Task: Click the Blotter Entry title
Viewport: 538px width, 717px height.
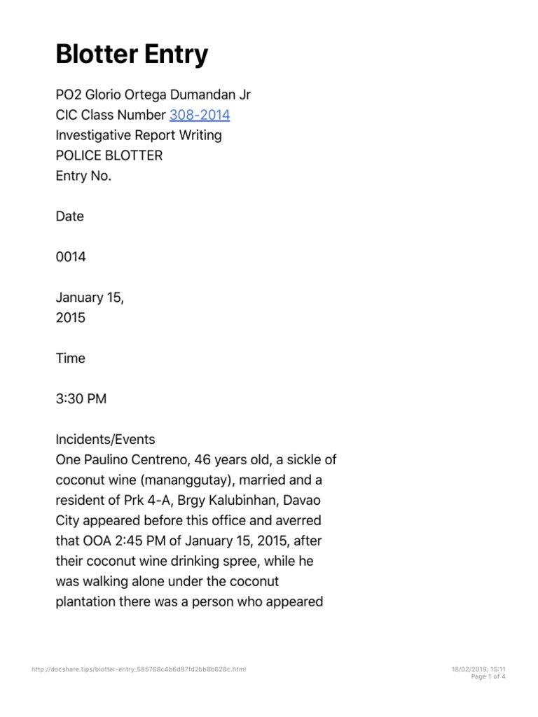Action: pyautogui.click(x=132, y=54)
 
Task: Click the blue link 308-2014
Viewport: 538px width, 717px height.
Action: pyautogui.click(x=200, y=115)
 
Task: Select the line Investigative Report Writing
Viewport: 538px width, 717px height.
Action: pyautogui.click(x=139, y=135)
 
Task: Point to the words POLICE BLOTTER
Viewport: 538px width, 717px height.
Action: pyautogui.click(x=109, y=155)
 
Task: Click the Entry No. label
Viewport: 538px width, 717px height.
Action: pyautogui.click(x=83, y=176)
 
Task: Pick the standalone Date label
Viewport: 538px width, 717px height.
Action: pyautogui.click(x=69, y=216)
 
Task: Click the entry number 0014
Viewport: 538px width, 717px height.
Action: pyautogui.click(x=71, y=257)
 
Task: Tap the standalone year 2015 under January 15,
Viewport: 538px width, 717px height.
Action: pyautogui.click(x=70, y=318)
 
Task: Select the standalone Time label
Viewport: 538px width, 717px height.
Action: pyautogui.click(x=70, y=358)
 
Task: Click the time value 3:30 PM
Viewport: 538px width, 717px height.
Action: pyautogui.click(x=81, y=399)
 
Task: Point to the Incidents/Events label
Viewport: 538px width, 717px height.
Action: pyautogui.click(x=105, y=440)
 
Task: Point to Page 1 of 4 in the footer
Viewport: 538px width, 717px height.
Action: pyautogui.click(x=488, y=676)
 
